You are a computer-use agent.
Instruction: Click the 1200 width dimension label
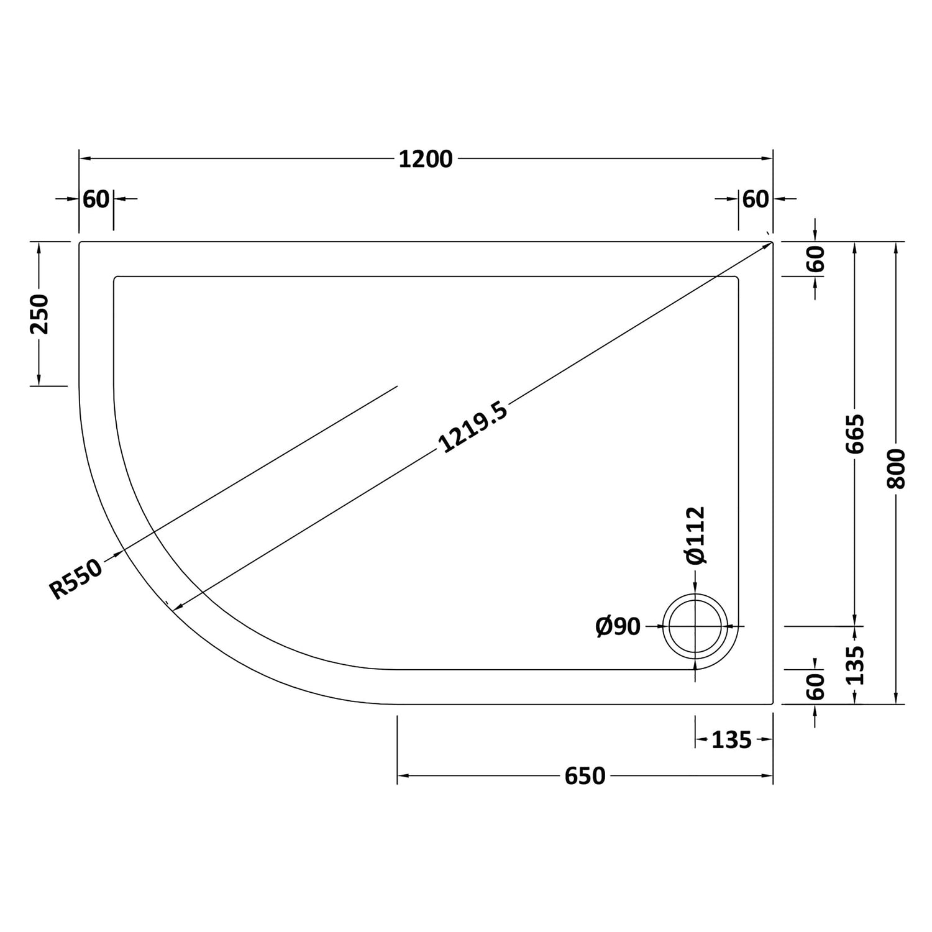pyautogui.click(x=425, y=160)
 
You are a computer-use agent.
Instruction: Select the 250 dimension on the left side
pyautogui.click(x=40, y=314)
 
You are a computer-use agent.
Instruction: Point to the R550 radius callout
pyautogui.click(x=76, y=579)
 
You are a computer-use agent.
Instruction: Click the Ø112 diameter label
pyautogui.click(x=696, y=535)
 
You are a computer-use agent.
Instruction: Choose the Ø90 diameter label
pyautogui.click(x=618, y=626)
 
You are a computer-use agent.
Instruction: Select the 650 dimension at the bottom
pyautogui.click(x=585, y=776)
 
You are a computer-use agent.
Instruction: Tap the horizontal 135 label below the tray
pyautogui.click(x=731, y=740)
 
